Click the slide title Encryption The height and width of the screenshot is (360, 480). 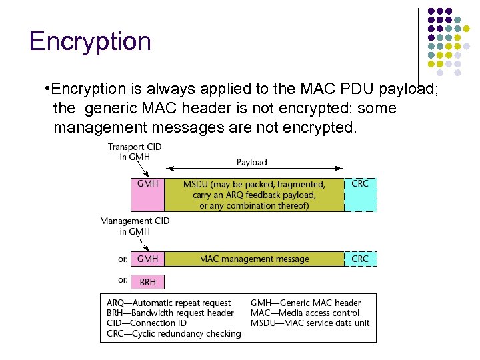coord(91,41)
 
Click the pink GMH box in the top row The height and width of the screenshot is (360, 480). coord(147,194)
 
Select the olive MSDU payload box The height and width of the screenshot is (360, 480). coord(254,194)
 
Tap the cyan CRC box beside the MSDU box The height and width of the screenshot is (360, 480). coord(360,194)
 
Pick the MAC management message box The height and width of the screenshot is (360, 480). coord(254,259)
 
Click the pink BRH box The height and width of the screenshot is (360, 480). coord(147,282)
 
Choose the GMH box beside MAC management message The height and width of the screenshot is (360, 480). coord(147,259)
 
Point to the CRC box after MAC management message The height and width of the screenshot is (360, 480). coord(360,259)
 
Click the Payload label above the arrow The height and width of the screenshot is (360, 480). coord(251,162)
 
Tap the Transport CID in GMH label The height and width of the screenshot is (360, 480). coord(135,152)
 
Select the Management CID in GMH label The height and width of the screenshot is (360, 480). coord(135,226)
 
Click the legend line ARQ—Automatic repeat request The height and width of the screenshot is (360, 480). coord(169,303)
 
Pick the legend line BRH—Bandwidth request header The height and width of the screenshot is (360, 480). coord(170,313)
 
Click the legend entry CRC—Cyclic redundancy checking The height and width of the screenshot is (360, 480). coord(173,333)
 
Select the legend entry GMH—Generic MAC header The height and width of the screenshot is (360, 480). coord(305,303)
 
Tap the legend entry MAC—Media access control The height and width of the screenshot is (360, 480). coord(305,313)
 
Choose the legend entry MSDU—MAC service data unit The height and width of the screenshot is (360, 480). coord(310,323)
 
